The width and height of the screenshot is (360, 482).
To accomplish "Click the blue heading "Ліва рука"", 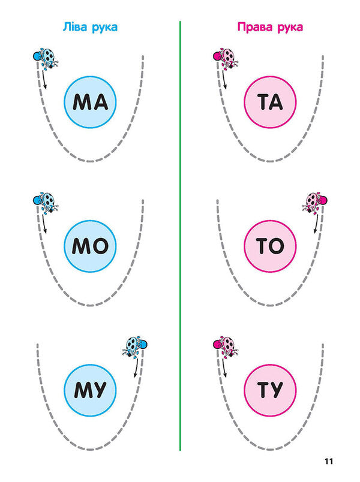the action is click(x=90, y=28).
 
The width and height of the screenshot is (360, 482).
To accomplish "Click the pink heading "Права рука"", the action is click(x=270, y=28).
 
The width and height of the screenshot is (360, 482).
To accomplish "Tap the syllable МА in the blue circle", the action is click(x=90, y=103).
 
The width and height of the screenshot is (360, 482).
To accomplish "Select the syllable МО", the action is click(x=90, y=246).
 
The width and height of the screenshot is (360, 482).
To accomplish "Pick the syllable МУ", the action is click(x=90, y=390).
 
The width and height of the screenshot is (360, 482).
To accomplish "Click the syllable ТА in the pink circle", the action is click(x=270, y=103).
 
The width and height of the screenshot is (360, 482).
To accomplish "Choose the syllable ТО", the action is click(x=270, y=246).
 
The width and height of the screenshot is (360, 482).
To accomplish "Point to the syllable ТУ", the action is click(x=270, y=390).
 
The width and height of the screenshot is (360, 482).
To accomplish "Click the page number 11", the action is click(x=329, y=461).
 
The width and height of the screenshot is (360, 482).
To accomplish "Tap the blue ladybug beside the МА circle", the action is click(x=46, y=58).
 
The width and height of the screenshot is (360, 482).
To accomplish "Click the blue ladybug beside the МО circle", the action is click(x=46, y=202).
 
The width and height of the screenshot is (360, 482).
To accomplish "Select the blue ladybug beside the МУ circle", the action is click(x=135, y=346).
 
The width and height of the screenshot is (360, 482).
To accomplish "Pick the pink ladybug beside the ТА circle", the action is click(x=226, y=58).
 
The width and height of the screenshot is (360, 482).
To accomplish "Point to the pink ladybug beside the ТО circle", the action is click(x=314, y=202).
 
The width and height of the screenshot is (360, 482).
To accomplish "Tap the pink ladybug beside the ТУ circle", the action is click(x=226, y=346).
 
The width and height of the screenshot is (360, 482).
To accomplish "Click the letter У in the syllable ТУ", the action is click(x=277, y=390).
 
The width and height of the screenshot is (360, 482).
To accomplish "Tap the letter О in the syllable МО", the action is click(x=100, y=246).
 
